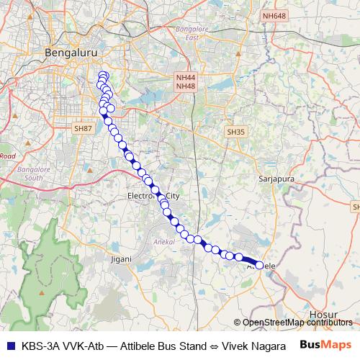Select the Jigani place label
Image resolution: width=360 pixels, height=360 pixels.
pos(120,258)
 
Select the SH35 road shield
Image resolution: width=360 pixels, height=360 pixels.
pos(235,132)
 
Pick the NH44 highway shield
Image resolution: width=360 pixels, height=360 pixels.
pos(184,77)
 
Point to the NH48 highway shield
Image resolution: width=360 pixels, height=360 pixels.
pos(184,86)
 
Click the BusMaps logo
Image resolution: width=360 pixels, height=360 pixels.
pos(325,344)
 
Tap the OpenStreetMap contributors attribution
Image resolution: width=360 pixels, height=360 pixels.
pos(297,323)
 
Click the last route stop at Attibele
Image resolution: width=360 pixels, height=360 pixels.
pos(259,265)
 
